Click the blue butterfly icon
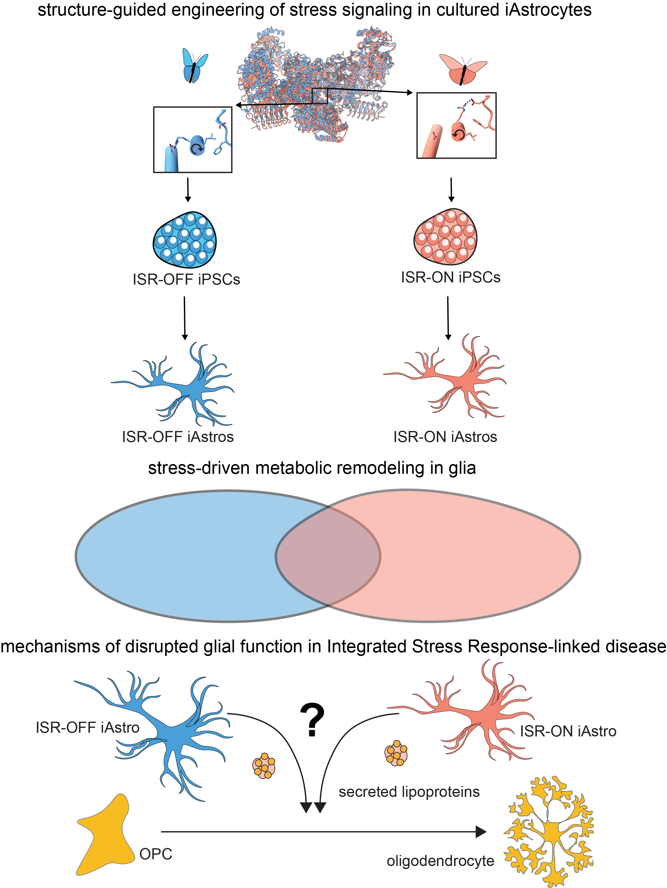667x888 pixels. pyautogui.click(x=195, y=65)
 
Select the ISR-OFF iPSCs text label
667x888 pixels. pyautogui.click(x=186, y=279)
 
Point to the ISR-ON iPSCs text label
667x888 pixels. pyautogui.click(x=450, y=277)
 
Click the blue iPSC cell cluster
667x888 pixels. pyautogui.click(x=185, y=240)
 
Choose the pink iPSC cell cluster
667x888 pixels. pyautogui.click(x=445, y=237)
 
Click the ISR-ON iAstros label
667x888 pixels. pyautogui.click(x=445, y=437)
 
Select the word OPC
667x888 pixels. pyautogui.click(x=156, y=854)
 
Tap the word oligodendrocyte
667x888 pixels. pyautogui.click(x=440, y=861)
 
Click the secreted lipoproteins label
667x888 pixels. pyautogui.click(x=409, y=792)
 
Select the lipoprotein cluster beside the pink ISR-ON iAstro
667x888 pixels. pyautogui.click(x=396, y=753)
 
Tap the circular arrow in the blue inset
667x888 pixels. pyautogui.click(x=197, y=149)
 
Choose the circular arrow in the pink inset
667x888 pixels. pyautogui.click(x=457, y=135)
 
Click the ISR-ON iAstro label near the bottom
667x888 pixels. pyautogui.click(x=568, y=731)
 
